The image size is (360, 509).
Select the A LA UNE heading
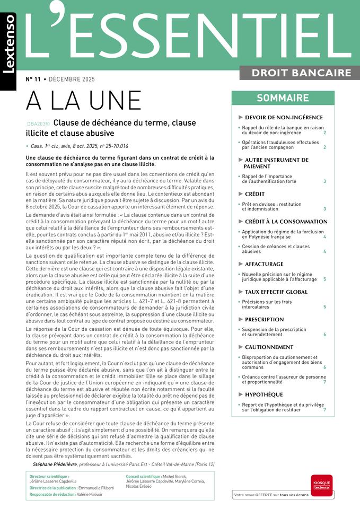tap(84, 101)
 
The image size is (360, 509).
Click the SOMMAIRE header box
tap(283, 98)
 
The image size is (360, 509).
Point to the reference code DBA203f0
tap(38, 124)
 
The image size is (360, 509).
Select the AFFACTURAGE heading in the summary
tap(264, 264)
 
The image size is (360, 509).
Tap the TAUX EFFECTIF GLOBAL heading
tap(276, 292)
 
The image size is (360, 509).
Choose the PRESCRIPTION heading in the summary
tap(264, 320)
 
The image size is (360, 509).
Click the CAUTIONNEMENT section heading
tap(269, 347)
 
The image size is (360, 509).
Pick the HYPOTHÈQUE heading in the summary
tap(264, 394)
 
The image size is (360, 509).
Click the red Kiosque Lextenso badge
tap(322, 485)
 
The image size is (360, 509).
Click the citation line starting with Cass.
tap(80, 146)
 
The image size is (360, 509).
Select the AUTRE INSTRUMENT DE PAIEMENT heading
tap(276, 163)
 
